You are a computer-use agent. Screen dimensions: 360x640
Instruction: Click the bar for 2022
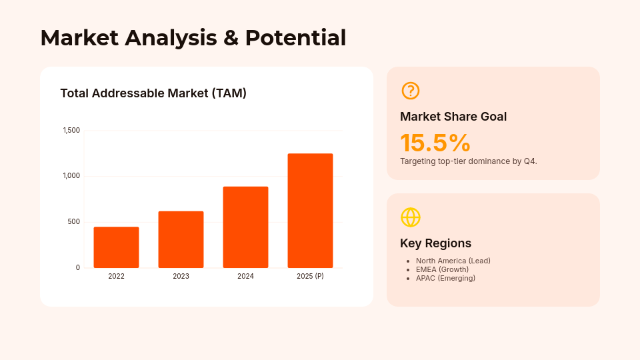(x=116, y=247)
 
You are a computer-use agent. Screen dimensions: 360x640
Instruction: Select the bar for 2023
(x=181, y=239)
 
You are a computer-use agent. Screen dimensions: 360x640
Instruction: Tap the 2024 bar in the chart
(x=245, y=227)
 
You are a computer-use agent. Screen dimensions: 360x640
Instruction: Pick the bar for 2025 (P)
(x=310, y=211)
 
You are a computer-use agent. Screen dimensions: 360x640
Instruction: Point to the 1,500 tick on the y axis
(x=71, y=130)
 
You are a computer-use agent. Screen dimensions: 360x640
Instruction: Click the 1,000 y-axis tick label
(x=71, y=176)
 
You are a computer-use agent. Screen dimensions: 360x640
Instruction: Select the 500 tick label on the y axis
(x=73, y=222)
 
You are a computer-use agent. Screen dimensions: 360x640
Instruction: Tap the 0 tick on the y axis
(x=77, y=267)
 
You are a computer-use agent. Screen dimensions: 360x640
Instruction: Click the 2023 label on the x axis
(x=181, y=276)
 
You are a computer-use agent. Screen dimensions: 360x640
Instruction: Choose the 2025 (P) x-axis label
(x=310, y=276)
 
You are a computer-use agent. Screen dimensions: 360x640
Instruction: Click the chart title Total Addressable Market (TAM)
(x=153, y=93)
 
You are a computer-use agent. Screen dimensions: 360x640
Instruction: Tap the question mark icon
(x=411, y=91)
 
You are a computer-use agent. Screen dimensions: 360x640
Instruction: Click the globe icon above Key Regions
(x=411, y=217)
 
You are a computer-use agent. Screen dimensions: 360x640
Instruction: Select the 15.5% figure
(x=435, y=143)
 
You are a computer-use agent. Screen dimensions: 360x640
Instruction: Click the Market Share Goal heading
(x=453, y=117)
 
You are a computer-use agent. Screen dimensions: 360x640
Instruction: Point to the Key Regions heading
(x=435, y=243)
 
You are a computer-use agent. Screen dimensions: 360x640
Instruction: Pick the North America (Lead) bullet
(x=453, y=261)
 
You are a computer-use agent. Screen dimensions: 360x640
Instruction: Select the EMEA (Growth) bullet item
(x=442, y=269)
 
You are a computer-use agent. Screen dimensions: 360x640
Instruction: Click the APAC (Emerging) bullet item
(x=445, y=278)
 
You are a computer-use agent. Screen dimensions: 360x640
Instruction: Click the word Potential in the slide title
(x=295, y=37)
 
